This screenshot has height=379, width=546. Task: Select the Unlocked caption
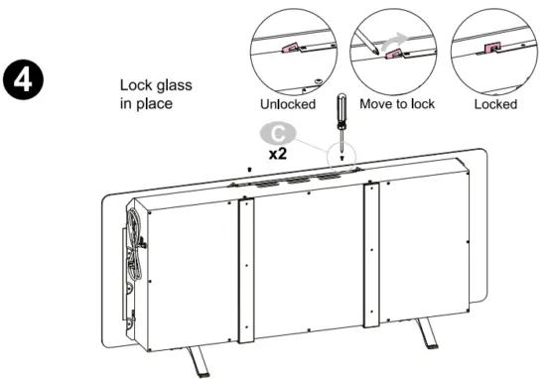point(288,103)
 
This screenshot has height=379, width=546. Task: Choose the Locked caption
point(494,103)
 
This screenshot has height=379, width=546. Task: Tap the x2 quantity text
point(279,156)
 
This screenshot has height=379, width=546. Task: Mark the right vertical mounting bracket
point(371,254)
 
